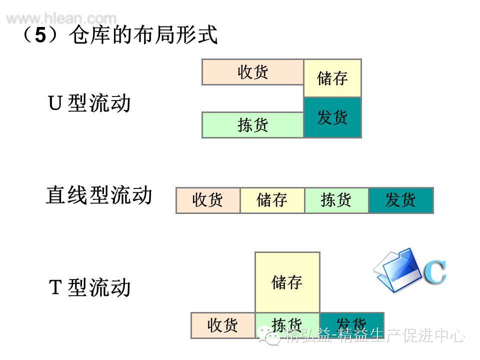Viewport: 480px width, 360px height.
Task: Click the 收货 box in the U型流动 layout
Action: pos(252,72)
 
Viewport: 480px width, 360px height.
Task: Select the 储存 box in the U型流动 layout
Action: pos(332,78)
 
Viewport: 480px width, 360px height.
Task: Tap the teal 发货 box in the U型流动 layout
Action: pos(332,117)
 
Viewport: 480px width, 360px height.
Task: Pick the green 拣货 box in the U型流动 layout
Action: pos(252,124)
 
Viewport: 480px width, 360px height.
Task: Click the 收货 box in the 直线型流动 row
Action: pos(208,200)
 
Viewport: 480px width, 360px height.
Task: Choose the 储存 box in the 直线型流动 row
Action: pos(272,200)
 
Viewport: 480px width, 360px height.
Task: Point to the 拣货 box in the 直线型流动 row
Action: pos(336,200)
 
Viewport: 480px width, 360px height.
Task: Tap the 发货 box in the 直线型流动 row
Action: pos(400,200)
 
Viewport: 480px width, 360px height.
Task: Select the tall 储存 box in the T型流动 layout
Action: pos(287,282)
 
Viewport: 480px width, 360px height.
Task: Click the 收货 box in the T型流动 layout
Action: pos(223,325)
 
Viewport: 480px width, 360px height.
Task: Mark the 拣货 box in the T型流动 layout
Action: pos(287,325)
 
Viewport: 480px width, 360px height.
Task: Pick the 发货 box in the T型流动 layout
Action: pos(351,325)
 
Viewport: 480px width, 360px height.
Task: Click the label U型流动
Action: pos(89,103)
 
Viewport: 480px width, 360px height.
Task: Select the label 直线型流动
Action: pos(99,195)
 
